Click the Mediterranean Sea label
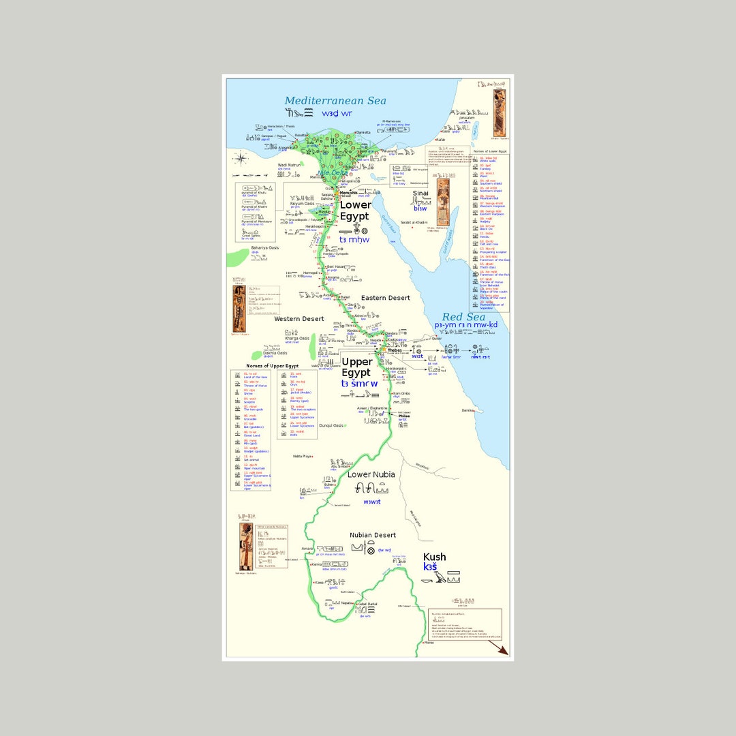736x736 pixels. (x=335, y=101)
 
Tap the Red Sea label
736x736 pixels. (x=463, y=317)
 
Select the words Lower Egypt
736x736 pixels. (x=355, y=210)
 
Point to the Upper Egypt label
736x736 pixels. (x=356, y=367)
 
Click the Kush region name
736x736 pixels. (x=434, y=557)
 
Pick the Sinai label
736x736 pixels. (x=420, y=193)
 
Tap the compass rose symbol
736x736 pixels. (x=240, y=159)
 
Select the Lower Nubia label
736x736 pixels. (x=371, y=474)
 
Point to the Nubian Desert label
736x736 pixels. (x=373, y=535)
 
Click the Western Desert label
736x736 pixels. (x=299, y=319)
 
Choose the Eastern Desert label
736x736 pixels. (x=386, y=298)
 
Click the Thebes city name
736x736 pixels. (x=395, y=350)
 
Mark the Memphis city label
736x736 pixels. (x=348, y=192)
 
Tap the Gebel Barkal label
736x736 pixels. (x=367, y=604)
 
